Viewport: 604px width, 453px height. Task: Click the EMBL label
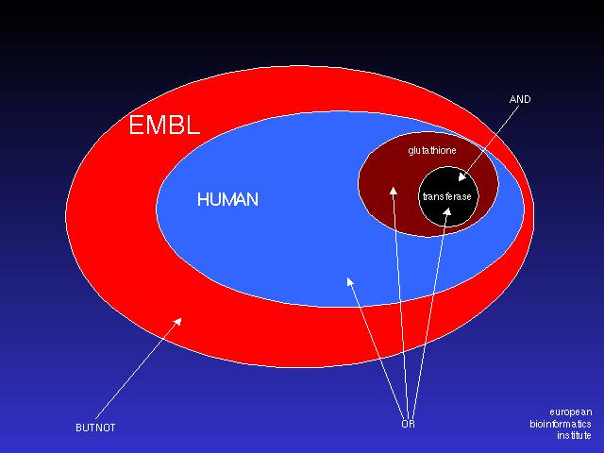point(164,126)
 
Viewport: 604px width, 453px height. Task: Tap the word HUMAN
point(227,199)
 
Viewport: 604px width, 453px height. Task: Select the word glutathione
point(432,150)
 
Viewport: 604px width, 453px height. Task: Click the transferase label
point(446,197)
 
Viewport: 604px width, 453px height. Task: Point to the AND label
point(520,99)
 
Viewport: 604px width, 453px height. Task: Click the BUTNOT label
point(95,428)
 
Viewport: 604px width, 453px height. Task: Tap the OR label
point(408,424)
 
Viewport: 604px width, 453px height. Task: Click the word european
point(570,412)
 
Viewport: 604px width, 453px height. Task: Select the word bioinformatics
point(561,424)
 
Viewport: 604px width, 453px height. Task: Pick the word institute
point(574,436)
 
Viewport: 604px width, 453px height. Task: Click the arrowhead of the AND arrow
point(462,177)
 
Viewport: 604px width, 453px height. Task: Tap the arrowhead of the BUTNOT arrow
point(177,322)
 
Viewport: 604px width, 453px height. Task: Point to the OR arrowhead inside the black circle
point(446,211)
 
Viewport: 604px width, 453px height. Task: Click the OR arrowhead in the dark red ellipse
point(393,191)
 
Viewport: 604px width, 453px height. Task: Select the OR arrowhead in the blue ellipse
point(350,281)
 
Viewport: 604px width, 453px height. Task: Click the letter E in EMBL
point(136,126)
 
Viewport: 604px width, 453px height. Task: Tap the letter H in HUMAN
point(202,199)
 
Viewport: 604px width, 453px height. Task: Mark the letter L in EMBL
point(193,126)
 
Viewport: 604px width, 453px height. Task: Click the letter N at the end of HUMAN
point(253,199)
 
